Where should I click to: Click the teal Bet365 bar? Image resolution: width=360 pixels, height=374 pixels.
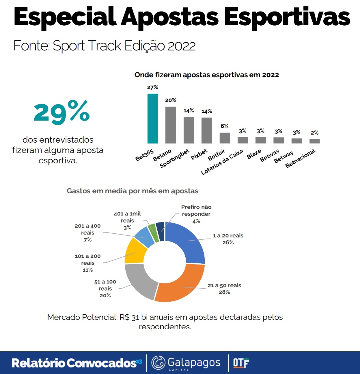tap(153, 118)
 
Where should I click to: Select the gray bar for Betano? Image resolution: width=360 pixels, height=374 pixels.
tap(171, 125)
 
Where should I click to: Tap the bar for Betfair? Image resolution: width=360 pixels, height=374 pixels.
tap(225, 138)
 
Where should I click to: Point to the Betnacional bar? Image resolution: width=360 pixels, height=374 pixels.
tap(314, 141)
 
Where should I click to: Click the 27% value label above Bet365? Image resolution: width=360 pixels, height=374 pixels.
tap(152, 87)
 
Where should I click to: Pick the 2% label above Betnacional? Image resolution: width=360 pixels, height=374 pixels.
tap(315, 133)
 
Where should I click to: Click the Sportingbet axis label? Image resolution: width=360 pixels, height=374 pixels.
tap(174, 158)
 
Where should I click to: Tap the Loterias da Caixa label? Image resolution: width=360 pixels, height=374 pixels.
tap(222, 162)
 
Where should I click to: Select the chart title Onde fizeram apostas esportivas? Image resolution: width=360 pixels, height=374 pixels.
tap(207, 75)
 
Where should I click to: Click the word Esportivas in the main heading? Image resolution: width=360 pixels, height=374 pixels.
tap(287, 17)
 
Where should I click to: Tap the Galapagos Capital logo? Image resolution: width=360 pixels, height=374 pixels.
tap(186, 363)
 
